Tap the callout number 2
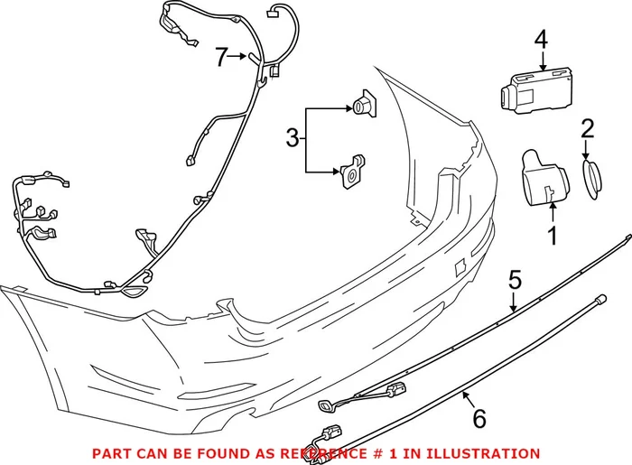click(588, 129)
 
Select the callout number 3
click(292, 138)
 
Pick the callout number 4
click(541, 40)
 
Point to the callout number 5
click(515, 280)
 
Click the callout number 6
click(479, 418)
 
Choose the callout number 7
click(221, 57)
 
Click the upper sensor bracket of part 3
click(367, 106)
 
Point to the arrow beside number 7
click(237, 57)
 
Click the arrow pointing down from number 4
click(541, 61)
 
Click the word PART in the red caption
click(109, 453)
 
